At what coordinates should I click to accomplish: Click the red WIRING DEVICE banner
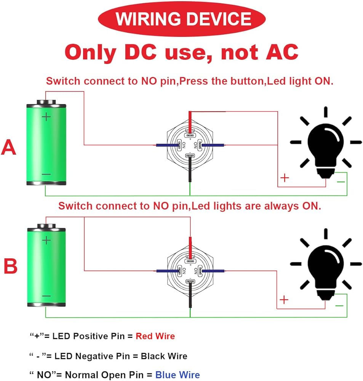182,19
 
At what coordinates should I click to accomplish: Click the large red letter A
9,147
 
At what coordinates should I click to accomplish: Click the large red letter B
10,266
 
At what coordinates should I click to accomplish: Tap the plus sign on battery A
46,117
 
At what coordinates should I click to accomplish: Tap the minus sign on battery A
46,174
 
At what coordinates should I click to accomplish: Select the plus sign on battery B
46,240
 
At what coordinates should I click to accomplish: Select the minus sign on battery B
46,296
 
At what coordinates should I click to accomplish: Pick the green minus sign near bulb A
341,182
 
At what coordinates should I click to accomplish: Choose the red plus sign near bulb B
284,300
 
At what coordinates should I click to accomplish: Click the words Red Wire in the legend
155,336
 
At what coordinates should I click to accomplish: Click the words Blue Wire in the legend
177,375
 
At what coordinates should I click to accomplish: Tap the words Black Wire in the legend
164,356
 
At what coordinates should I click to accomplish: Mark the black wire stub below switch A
190,175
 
